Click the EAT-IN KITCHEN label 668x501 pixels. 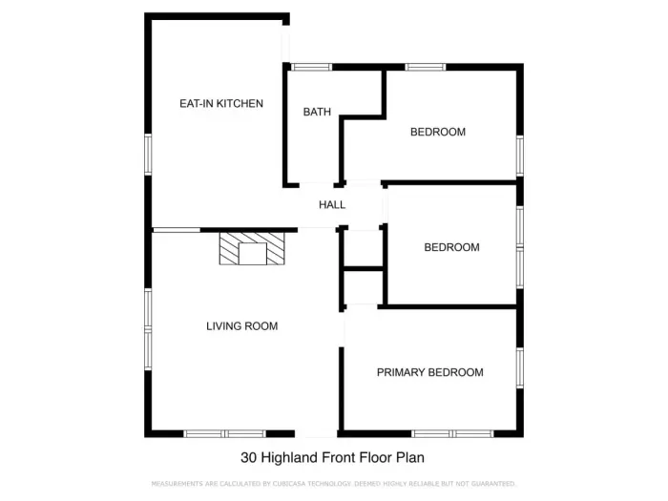pos(221,103)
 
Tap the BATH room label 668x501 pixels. pos(317,112)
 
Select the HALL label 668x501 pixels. pos(332,204)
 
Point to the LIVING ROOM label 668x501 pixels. pos(241,326)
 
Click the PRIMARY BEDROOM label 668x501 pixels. pos(429,372)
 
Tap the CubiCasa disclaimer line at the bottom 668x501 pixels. pos(334,484)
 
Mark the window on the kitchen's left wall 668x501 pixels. pos(148,154)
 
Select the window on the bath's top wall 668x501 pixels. pos(311,67)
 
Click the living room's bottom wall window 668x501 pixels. pos(224,433)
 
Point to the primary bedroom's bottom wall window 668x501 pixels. pos(452,433)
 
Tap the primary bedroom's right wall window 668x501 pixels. pos(520,368)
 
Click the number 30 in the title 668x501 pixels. pos(249,457)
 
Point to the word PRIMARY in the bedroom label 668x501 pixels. pos(401,372)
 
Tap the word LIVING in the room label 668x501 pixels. pos(223,326)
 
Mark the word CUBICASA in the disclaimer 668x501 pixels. pos(295,484)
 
